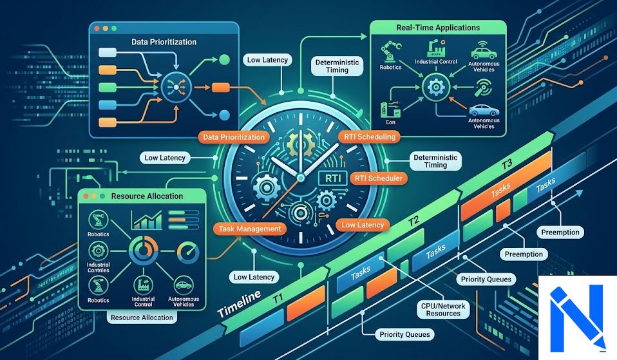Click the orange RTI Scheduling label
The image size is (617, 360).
(x=369, y=137)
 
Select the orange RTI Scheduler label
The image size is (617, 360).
(x=378, y=178)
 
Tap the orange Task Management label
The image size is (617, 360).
(x=250, y=229)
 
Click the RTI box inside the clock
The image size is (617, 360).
(x=332, y=178)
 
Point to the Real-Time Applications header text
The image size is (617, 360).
(x=438, y=28)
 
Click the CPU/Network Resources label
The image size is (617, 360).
(x=443, y=310)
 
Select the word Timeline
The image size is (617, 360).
(x=239, y=304)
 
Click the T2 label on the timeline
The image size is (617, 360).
(x=413, y=221)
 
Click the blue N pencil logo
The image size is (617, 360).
(x=577, y=318)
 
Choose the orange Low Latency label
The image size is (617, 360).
(x=363, y=225)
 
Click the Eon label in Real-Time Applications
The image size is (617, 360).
(x=390, y=122)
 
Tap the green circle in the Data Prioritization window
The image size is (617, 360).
(x=224, y=60)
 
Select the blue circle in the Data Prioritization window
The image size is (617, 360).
(x=224, y=115)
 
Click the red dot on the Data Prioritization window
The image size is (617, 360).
(x=97, y=29)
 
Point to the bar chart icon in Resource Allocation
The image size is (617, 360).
(x=147, y=220)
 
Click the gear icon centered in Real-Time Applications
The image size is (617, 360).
(x=436, y=86)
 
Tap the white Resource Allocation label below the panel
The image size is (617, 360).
(x=142, y=317)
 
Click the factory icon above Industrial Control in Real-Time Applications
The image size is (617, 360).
(x=436, y=48)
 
